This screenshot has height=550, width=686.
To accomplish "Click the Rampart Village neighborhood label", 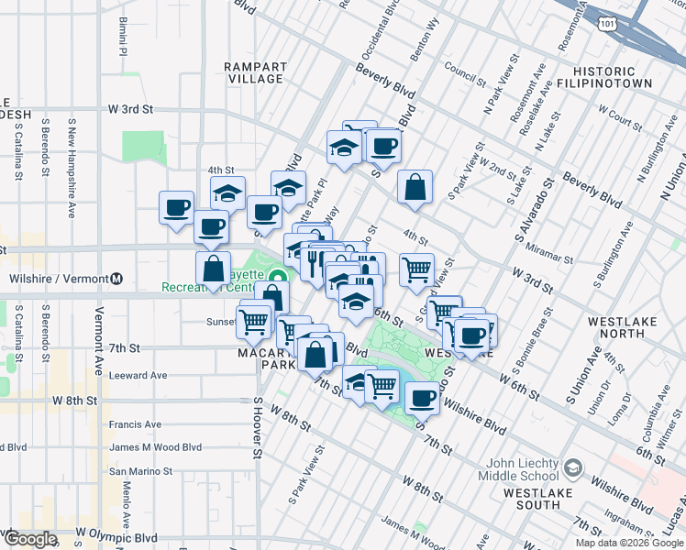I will (x=255, y=72).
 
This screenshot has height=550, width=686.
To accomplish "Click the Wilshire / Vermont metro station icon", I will (x=116, y=279).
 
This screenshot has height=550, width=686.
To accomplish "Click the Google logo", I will (x=29, y=539).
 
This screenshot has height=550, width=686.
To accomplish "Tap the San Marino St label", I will (x=140, y=471).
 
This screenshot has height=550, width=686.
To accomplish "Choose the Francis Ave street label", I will (x=135, y=424).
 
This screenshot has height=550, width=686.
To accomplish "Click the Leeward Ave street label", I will (x=138, y=375).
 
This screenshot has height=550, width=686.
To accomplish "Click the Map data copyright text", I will (x=629, y=543).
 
